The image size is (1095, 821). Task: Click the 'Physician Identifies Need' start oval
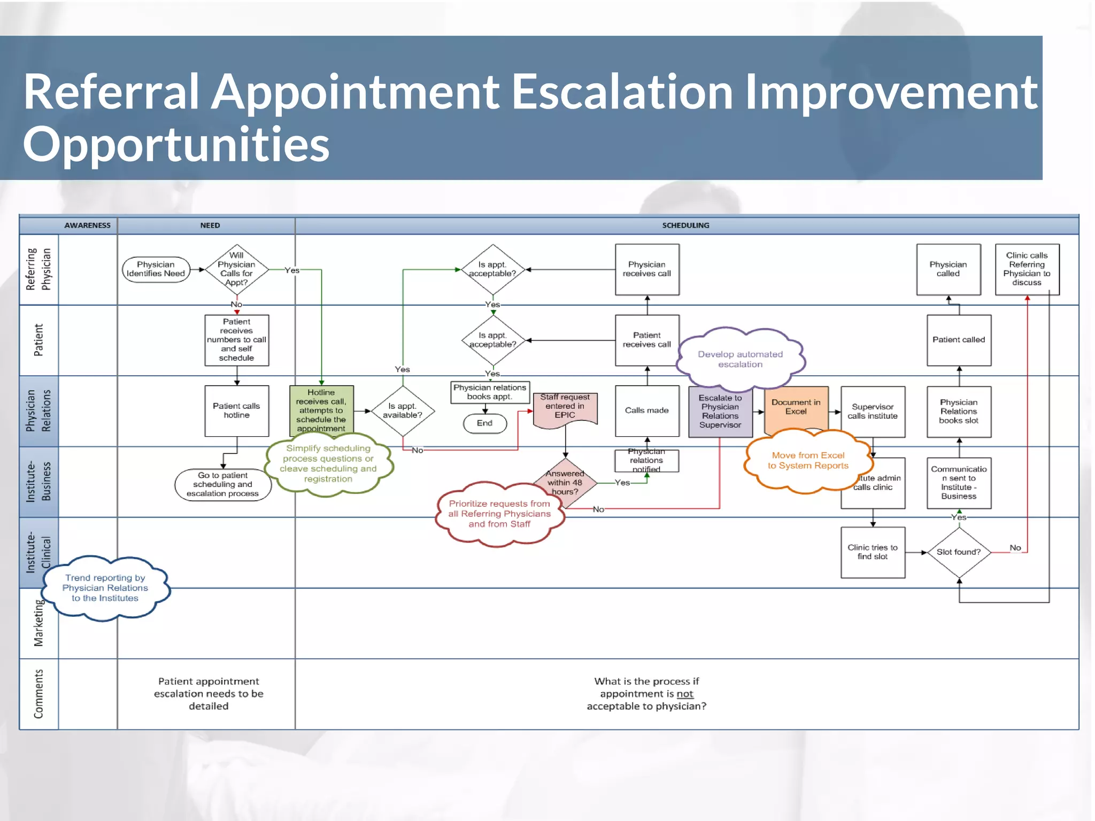[156, 269]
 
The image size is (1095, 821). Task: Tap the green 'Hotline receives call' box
[321, 410]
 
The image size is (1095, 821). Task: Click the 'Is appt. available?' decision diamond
[403, 410]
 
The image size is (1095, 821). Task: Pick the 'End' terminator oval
[484, 423]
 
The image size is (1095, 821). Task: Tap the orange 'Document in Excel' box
[796, 407]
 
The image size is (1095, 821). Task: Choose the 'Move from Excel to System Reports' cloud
[807, 461]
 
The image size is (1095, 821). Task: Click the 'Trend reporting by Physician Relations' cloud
[105, 588]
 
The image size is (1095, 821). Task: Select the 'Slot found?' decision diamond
[959, 552]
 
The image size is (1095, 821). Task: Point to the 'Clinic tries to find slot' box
[873, 552]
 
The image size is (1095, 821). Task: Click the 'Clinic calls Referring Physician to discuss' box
[1027, 269]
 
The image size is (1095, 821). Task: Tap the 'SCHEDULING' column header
[685, 226]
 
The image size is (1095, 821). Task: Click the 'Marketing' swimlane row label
[38, 623]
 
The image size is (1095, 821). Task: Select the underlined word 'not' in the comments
[684, 694]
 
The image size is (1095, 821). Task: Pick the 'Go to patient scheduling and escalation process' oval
[222, 484]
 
